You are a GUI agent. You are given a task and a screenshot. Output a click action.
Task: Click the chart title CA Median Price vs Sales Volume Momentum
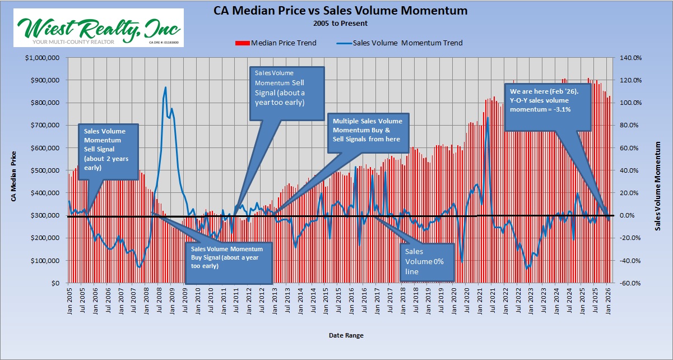(340, 11)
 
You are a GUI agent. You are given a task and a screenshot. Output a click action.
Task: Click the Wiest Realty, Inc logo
(99, 29)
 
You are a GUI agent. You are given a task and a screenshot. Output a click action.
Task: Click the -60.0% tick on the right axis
(631, 283)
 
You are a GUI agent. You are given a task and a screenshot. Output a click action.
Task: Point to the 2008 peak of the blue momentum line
(165, 87)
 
